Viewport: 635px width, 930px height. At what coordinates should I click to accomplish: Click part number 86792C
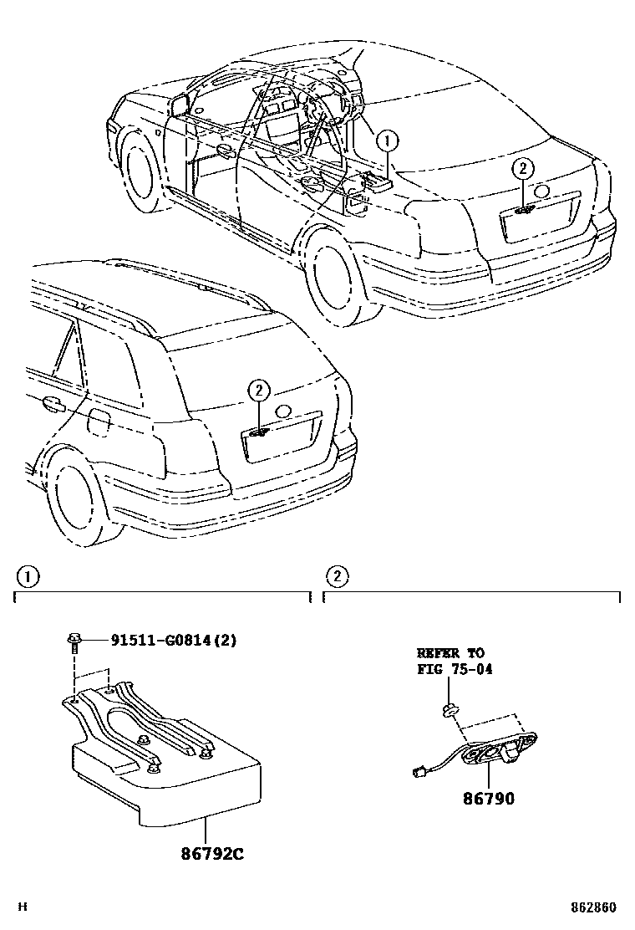[x=213, y=854]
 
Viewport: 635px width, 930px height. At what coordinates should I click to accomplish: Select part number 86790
[x=489, y=799]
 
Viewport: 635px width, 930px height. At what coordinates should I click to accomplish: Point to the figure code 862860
[x=594, y=907]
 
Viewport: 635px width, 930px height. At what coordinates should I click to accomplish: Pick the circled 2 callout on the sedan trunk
[x=522, y=169]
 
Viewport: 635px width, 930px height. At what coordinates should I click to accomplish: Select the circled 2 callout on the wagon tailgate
[x=258, y=390]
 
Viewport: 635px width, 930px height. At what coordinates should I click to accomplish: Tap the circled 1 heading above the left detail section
[x=28, y=576]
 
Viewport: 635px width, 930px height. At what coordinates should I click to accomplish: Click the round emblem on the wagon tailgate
[x=283, y=411]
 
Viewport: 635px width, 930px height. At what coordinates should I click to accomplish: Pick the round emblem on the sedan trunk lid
[x=541, y=191]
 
